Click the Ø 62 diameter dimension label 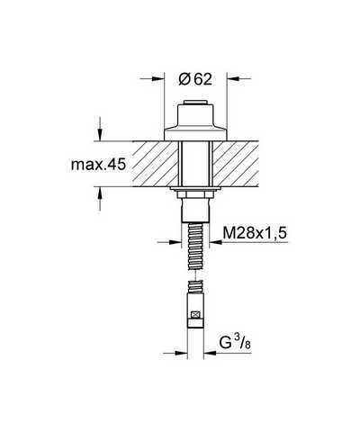tap(195, 79)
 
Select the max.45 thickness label tap(98, 165)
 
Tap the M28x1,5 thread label tap(255, 232)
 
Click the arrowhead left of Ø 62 tap(158, 79)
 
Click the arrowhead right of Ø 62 tap(233, 79)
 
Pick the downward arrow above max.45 tap(100, 134)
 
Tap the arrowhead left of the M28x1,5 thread tap(175, 242)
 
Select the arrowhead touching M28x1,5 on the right tap(216, 242)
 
